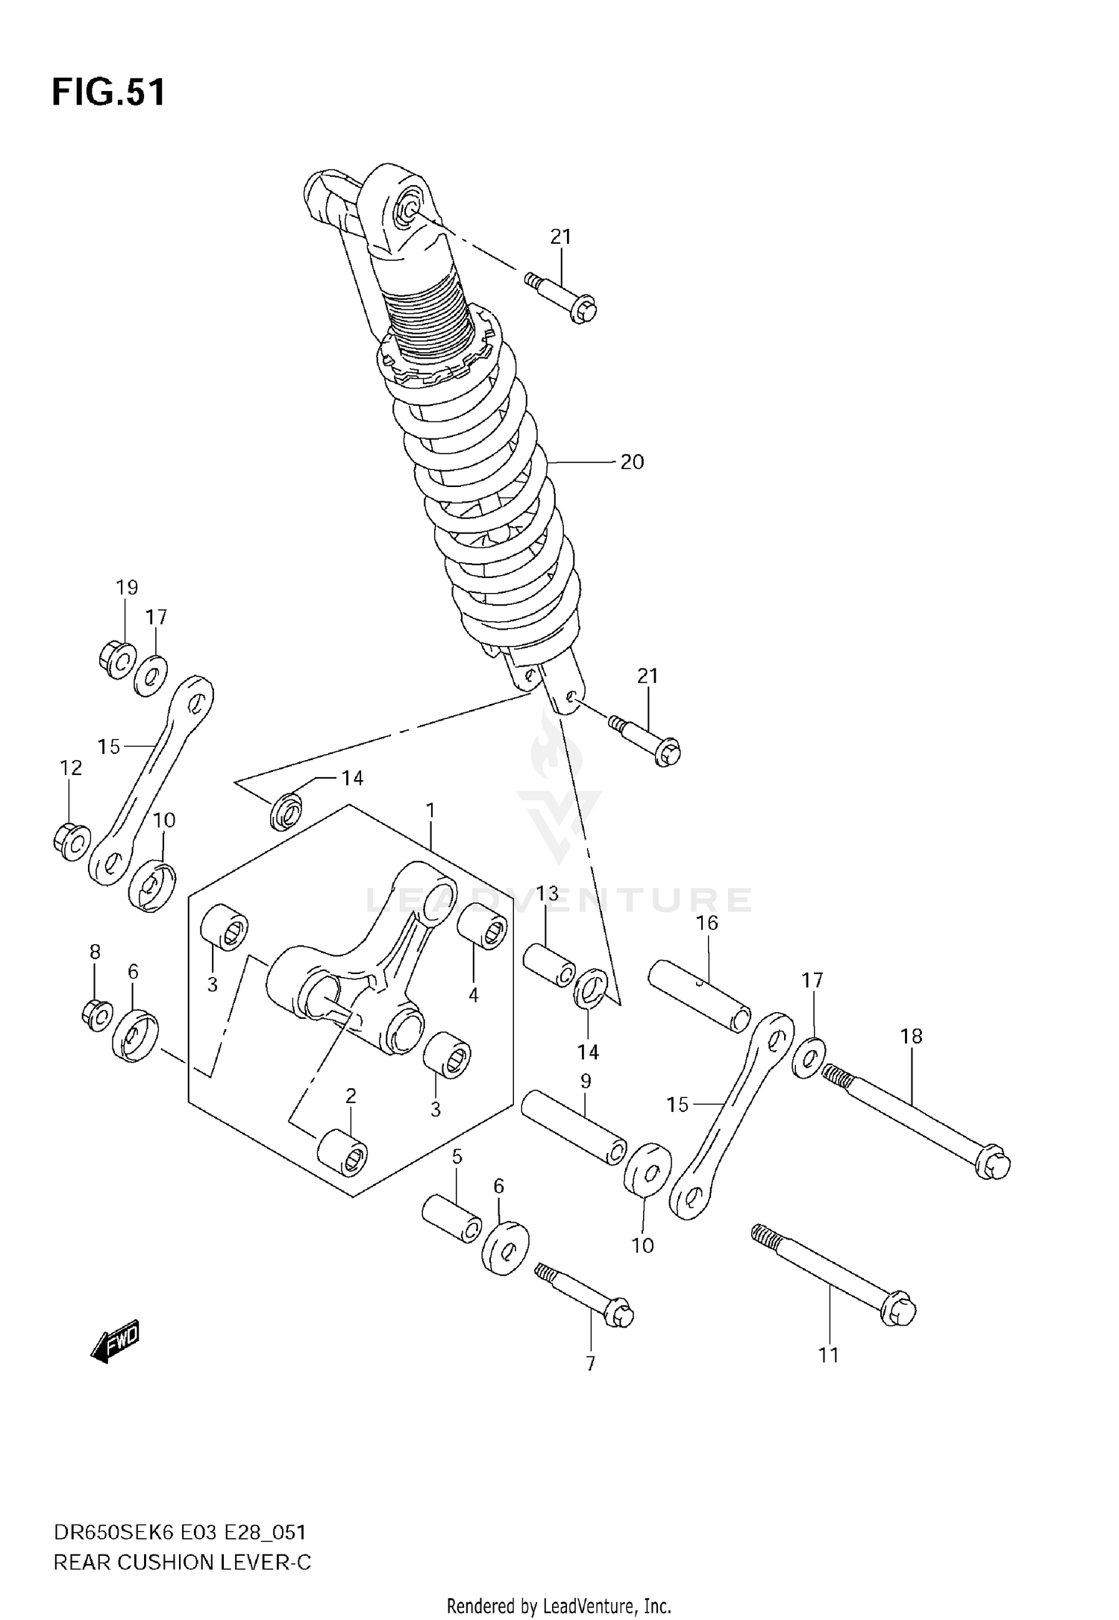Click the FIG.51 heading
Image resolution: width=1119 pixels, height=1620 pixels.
(x=109, y=93)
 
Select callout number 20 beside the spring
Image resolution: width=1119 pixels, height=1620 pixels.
(x=631, y=462)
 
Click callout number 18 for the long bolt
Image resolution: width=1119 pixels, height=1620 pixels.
(x=911, y=1036)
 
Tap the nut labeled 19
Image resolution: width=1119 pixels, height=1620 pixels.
(x=116, y=658)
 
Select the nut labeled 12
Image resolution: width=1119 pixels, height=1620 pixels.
(x=72, y=841)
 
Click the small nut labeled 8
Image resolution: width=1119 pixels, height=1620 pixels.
(x=96, y=1014)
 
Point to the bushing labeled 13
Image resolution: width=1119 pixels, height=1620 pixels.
(x=549, y=965)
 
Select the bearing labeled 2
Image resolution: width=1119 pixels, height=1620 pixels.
(x=342, y=1158)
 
